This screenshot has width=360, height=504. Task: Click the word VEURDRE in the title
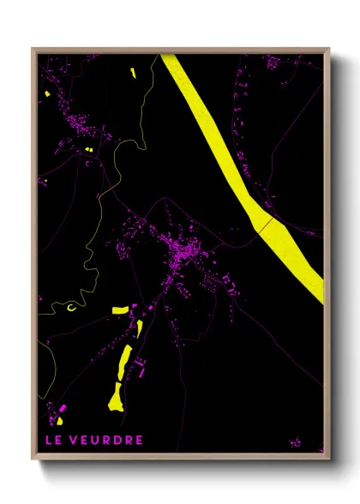coord(106,441)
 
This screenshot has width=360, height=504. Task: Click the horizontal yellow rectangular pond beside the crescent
coord(121,309)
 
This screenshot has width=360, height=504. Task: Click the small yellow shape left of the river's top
coord(135,74)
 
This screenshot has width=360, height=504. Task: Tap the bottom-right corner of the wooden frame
coord(328,459)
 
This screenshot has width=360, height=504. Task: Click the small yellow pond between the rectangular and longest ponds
coord(139,329)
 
